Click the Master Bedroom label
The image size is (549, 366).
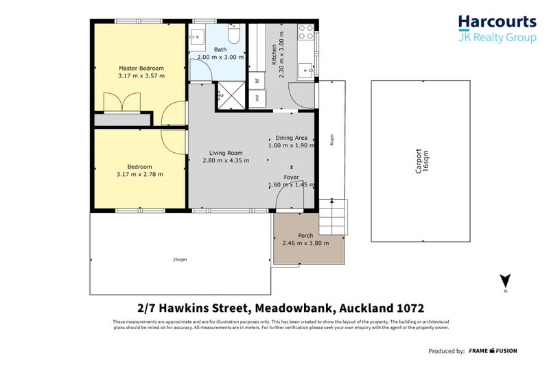pyautogui.click(x=141, y=69)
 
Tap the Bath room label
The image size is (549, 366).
pyautogui.click(x=220, y=49)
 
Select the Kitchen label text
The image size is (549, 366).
pyautogui.click(x=274, y=53)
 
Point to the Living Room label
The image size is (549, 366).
pyautogui.click(x=226, y=153)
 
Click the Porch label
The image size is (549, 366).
pyautogui.click(x=305, y=235)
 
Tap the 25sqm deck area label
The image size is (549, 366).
pyautogui.click(x=180, y=260)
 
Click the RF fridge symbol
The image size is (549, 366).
pyautogui.click(x=257, y=81)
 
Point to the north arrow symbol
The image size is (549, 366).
pyautogui.click(x=505, y=281)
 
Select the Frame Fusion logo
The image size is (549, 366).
pyautogui.click(x=493, y=351)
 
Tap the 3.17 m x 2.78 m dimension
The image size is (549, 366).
pyautogui.click(x=141, y=175)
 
